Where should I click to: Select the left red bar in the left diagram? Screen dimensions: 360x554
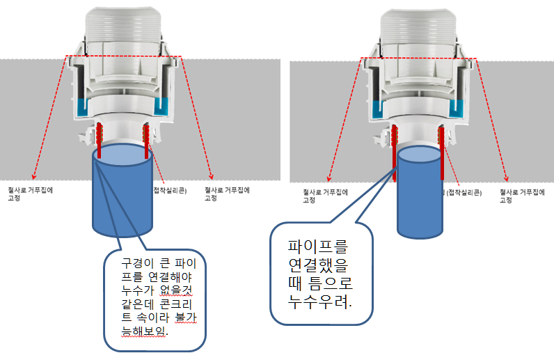coord(100,139)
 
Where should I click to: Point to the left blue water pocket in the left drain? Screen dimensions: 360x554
coord(84,107)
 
